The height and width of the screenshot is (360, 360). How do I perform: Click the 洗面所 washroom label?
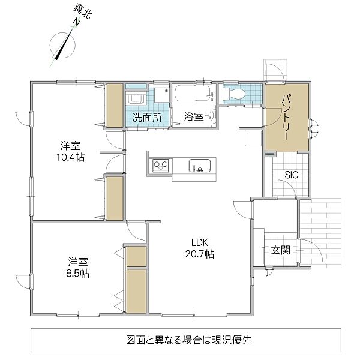pos(147,118)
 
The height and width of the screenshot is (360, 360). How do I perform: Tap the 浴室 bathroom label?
pos(194,117)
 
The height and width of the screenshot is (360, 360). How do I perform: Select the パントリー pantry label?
pos(286,118)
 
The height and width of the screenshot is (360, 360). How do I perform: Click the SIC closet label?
pos(292,175)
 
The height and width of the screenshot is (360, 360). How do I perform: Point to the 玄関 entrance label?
pos(281,250)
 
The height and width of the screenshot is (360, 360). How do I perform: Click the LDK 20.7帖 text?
pos(200,248)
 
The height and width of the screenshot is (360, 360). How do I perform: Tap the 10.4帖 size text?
pos(70,157)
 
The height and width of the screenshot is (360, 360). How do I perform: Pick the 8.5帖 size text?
pos(78,274)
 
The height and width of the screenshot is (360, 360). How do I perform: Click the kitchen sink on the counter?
pos(200,166)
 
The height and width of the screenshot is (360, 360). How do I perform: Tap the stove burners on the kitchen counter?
pos(160,165)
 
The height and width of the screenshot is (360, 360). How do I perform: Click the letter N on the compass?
pos(76,22)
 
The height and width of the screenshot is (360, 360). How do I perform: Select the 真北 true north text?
pos(83,12)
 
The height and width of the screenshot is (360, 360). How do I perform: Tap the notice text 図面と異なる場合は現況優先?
pos(189,340)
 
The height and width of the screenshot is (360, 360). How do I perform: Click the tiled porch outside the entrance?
pos(321,233)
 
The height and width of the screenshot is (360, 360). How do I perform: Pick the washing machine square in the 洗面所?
pos(161,95)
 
